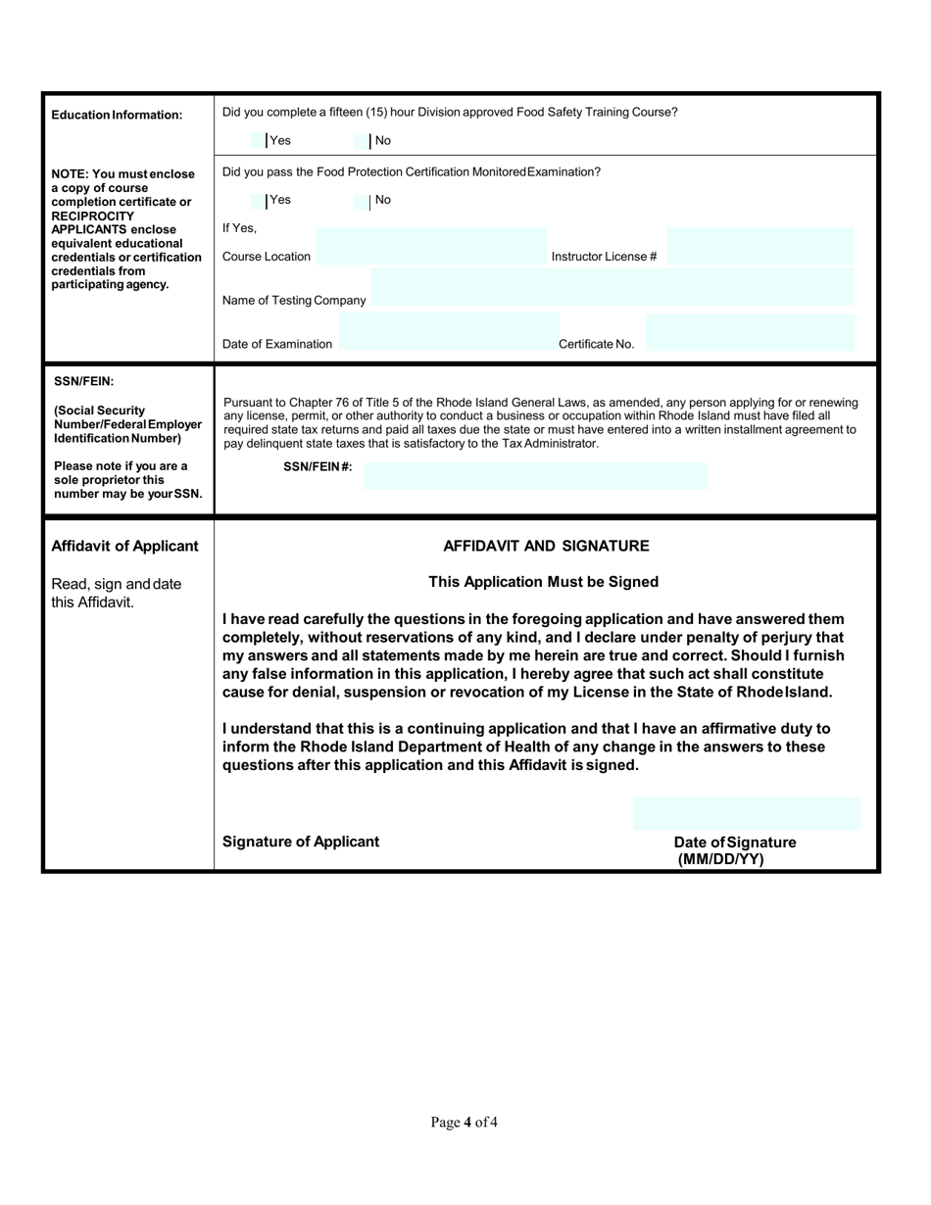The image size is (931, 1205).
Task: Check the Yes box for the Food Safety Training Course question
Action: pos(259,141)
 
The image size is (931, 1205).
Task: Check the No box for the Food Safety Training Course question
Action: pos(362,141)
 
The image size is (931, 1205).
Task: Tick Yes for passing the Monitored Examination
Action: pos(259,201)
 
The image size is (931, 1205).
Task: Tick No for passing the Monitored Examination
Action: pos(362,201)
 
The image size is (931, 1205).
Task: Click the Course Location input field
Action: pos(431,247)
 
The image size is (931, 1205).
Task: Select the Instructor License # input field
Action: pos(759,247)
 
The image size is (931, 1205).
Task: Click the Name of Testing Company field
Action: pos(612,290)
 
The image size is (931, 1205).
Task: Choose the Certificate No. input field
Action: pos(750,334)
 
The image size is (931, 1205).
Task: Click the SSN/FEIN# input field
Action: pos(535,476)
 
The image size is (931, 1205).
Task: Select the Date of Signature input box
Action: pos(747,814)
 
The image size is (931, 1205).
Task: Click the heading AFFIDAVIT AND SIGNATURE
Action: pos(546,546)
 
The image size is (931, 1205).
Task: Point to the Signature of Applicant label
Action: pos(301,842)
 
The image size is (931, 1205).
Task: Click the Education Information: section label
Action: pos(117,115)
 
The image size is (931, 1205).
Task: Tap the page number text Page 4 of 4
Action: pos(465,1122)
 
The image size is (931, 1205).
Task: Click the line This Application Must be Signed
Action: pos(544,582)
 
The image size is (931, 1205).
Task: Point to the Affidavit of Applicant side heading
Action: pos(124,546)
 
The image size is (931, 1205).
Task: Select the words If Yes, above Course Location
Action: pos(239,228)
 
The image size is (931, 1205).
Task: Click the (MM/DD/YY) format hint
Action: pos(720,859)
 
